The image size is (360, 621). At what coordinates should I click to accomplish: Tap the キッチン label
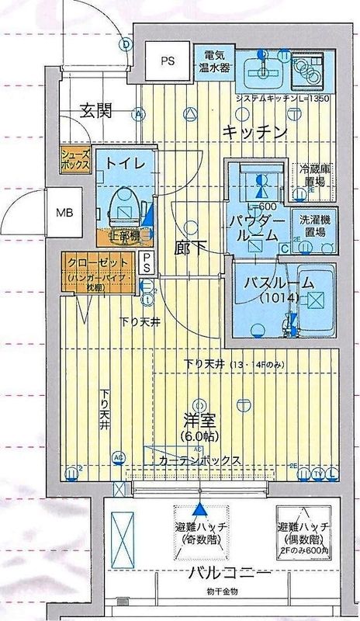pyautogui.click(x=255, y=132)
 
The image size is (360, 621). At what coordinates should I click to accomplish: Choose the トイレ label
pyautogui.click(x=123, y=164)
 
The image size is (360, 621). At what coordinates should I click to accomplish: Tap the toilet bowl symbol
pyautogui.click(x=122, y=207)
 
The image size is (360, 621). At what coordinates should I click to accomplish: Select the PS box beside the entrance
pyautogui.click(x=167, y=61)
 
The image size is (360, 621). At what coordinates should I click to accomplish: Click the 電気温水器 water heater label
pyautogui.click(x=215, y=61)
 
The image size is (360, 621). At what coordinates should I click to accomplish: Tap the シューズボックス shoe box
pyautogui.click(x=75, y=161)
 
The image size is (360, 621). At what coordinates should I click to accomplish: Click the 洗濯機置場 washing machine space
pyautogui.click(x=313, y=226)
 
